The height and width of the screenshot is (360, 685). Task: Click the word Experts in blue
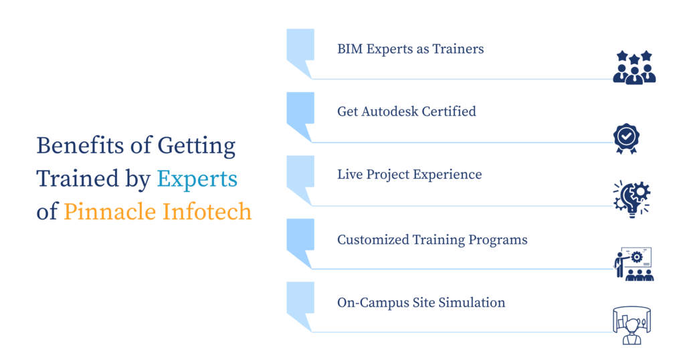tap(197, 179)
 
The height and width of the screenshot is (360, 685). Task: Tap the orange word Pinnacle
tap(110, 212)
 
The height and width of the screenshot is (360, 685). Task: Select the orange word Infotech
tap(207, 212)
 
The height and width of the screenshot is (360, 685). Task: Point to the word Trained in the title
tap(78, 179)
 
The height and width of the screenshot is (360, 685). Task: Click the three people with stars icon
tap(634, 68)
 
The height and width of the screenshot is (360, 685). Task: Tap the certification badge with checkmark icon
tap(626, 139)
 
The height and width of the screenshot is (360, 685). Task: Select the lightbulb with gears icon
tap(632, 199)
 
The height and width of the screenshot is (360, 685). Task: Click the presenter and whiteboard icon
tap(634, 264)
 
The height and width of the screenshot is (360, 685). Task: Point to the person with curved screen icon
tap(631, 325)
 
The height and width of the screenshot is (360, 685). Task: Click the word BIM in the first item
tap(350, 49)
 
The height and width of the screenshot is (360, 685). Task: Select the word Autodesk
tap(390, 111)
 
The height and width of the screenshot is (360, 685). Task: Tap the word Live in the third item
tap(349, 175)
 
